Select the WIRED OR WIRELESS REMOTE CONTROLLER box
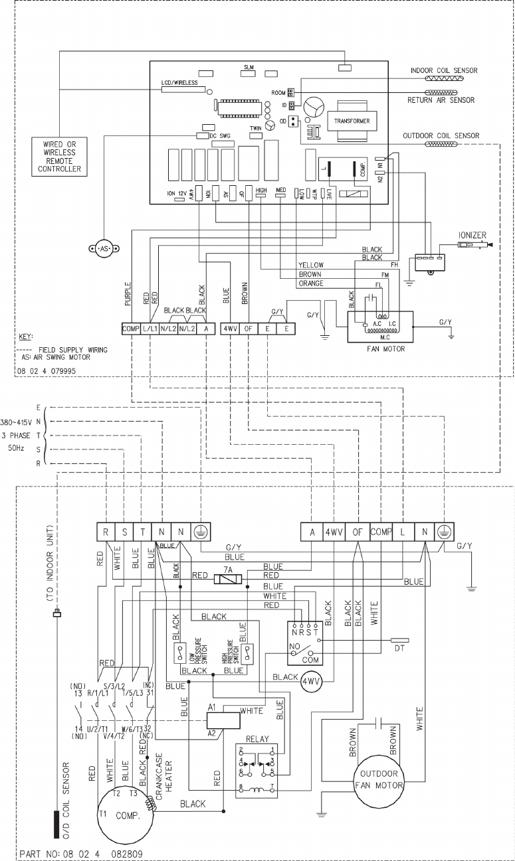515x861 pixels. coord(59,156)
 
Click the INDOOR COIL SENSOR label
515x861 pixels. coord(444,70)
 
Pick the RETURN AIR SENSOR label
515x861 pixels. coord(441,100)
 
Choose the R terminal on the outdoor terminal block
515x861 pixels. coord(106,532)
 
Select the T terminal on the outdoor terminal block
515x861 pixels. coord(143,532)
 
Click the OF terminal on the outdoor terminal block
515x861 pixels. coord(357,532)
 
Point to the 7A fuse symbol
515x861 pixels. coord(227,579)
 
